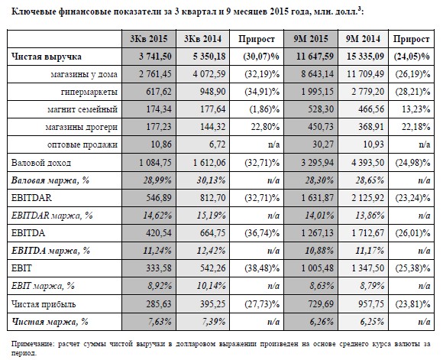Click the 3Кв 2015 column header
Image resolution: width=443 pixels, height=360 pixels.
point(149,39)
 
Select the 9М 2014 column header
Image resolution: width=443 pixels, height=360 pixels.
point(363,39)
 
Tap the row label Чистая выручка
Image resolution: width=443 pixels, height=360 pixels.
point(47,57)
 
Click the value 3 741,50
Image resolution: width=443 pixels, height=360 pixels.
point(155,57)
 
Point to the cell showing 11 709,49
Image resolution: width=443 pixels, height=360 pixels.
point(365,74)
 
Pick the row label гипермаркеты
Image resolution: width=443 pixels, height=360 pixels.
point(89,92)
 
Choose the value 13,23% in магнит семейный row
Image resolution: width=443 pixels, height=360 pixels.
point(416,109)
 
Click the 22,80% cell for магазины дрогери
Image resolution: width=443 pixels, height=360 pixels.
point(265,127)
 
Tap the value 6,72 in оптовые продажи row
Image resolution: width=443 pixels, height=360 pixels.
point(216,144)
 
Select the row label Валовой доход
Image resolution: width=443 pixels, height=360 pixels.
point(41,163)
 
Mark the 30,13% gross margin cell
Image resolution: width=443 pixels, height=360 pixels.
point(211,180)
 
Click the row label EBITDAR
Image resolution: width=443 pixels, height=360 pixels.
point(31,198)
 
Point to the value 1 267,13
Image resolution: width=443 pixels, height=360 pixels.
point(317,233)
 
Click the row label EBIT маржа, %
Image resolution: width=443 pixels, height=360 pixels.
point(43,286)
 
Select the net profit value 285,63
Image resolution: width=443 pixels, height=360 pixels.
point(159,304)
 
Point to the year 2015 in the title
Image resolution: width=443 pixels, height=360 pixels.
point(280,11)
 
